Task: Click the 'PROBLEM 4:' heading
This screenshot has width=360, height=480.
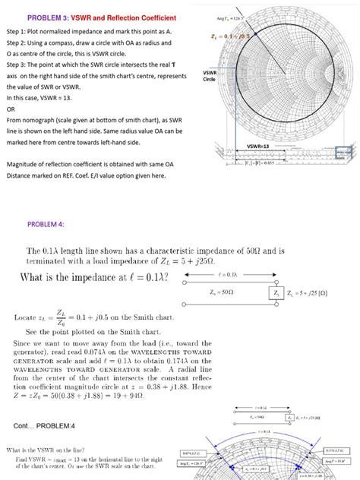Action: [x=46, y=224]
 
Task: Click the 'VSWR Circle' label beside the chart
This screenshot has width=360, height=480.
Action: [x=210, y=75]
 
